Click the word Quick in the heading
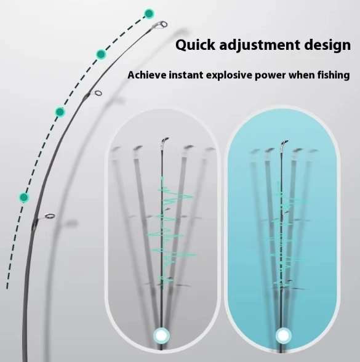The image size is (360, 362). [x=195, y=45]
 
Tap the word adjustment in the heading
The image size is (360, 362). [x=260, y=45]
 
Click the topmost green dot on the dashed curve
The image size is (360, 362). [x=149, y=14]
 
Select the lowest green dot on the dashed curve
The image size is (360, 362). [x=24, y=198]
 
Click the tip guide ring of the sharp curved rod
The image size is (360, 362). [x=164, y=24]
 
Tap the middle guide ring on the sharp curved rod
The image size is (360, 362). [x=98, y=94]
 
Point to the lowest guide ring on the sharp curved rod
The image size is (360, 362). [x=50, y=216]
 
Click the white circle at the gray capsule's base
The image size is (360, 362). [x=161, y=336]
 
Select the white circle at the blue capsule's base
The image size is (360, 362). [x=284, y=336]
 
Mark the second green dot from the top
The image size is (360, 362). [x=101, y=54]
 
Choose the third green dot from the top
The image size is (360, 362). [x=60, y=112]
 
